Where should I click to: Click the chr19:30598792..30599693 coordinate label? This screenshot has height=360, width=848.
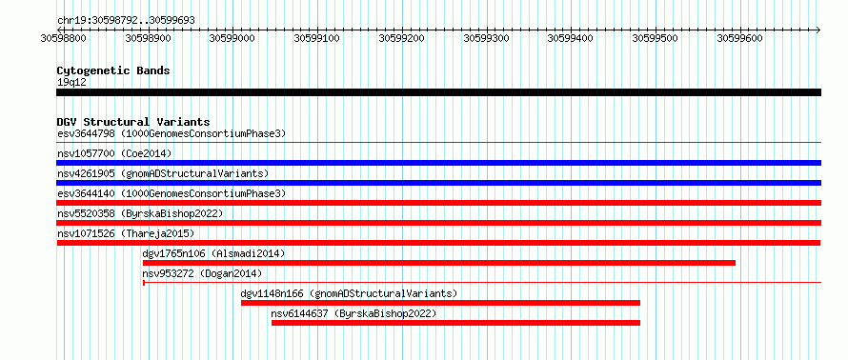point(126,21)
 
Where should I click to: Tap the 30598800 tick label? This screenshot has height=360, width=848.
point(64,38)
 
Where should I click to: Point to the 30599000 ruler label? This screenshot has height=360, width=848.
point(232,38)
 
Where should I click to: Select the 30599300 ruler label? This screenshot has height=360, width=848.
point(487,38)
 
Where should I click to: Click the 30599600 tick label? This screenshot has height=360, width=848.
point(739,38)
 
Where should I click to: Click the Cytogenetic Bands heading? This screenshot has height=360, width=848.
point(113,70)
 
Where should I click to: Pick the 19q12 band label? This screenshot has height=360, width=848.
point(71,83)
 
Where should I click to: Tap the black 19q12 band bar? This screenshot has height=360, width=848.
point(438,92)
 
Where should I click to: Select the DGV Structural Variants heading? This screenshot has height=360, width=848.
point(133,122)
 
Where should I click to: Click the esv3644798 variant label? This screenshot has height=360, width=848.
point(87,133)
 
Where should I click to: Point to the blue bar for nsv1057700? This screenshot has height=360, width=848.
point(438,163)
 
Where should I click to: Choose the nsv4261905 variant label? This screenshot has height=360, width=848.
point(87,173)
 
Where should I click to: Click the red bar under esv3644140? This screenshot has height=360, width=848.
point(438,203)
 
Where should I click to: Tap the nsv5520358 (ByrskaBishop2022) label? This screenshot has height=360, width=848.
point(140,214)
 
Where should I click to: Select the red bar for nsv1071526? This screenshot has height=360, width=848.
point(438,243)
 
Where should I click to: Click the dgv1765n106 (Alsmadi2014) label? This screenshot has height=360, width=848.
point(213,253)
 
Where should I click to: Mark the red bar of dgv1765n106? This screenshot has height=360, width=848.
point(439,263)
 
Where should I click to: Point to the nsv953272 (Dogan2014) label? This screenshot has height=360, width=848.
point(202,273)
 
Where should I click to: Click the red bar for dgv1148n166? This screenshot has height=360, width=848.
point(440,303)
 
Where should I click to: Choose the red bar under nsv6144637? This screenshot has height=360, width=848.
point(455,323)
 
